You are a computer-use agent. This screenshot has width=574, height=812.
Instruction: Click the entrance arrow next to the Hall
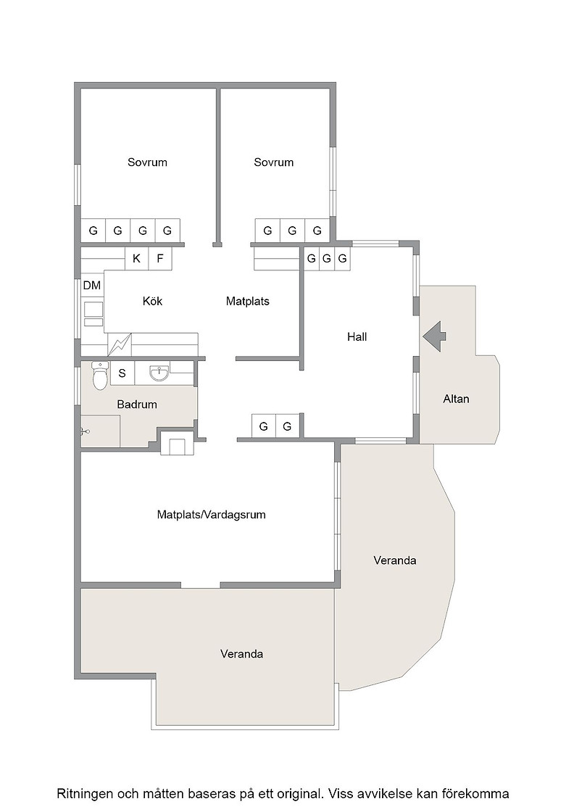tap(433, 336)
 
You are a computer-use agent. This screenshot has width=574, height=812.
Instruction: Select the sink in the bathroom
tap(159, 373)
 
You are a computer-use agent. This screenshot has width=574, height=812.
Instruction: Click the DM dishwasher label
tap(91, 286)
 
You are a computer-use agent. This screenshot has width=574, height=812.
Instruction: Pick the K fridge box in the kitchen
tap(137, 258)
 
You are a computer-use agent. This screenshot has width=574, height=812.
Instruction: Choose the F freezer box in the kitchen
tap(160, 258)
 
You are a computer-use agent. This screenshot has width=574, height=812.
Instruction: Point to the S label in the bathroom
tap(122, 373)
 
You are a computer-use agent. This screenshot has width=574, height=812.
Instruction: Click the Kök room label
tap(153, 301)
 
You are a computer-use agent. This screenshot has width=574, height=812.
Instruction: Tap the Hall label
tap(357, 337)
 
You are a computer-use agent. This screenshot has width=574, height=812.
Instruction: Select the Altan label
tap(456, 399)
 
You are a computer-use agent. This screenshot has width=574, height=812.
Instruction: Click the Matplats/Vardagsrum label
tap(211, 515)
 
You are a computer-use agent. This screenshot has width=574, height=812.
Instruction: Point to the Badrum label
tap(137, 405)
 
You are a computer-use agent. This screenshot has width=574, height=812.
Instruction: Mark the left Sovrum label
tap(148, 162)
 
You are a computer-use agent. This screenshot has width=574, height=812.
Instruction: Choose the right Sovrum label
tap(274, 162)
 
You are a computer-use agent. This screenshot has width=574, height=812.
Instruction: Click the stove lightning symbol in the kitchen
tap(120, 344)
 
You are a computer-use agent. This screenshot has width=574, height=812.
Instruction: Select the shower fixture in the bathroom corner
tap(85, 431)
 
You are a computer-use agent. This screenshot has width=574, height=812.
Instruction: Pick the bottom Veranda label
tap(242, 654)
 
